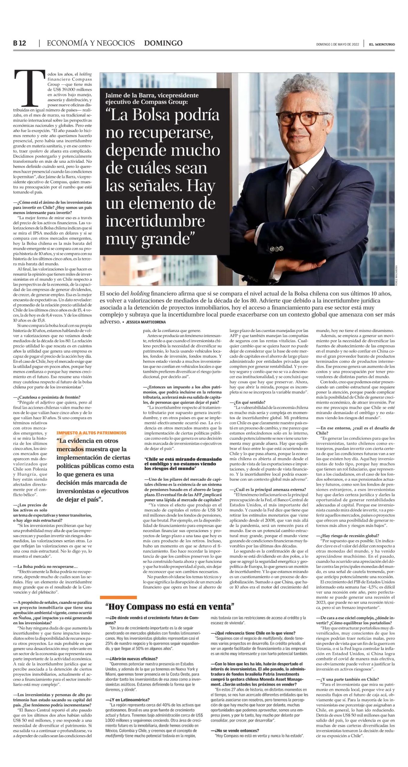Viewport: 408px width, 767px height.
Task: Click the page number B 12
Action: point(19,43)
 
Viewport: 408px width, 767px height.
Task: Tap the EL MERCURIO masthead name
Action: point(382,44)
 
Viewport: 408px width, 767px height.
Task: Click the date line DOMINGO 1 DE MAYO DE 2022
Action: point(337,44)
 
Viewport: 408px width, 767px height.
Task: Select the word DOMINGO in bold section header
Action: point(163,43)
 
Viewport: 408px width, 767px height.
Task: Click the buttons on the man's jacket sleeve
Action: point(276,249)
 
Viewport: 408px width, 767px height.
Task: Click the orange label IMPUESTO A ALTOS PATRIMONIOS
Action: point(91,433)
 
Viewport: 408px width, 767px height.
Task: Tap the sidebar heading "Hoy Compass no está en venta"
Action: point(170,607)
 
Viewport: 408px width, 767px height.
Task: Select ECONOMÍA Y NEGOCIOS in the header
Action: point(91,43)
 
